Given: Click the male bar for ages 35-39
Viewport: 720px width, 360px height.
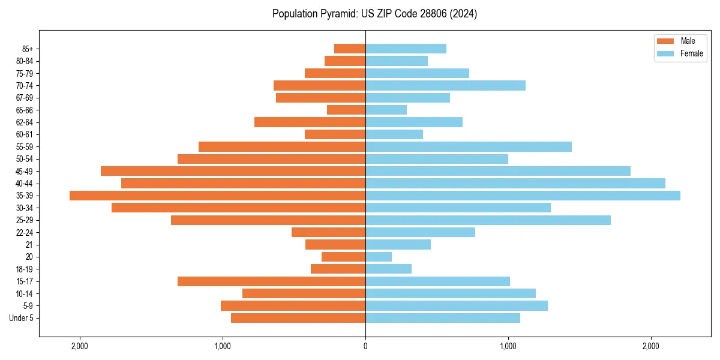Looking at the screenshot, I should click(217, 196).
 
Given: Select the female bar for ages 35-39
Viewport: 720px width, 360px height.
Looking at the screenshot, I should click(523, 196).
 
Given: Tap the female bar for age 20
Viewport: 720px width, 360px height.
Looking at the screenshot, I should click(379, 257).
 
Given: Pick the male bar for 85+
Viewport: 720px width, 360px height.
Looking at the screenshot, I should click(350, 49).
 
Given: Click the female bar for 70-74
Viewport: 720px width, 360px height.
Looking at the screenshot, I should click(445, 85).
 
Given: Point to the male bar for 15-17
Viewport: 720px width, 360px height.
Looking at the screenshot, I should click(271, 281).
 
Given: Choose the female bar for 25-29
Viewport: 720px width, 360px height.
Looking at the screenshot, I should click(488, 220).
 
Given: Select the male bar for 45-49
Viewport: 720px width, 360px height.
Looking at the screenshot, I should click(233, 171).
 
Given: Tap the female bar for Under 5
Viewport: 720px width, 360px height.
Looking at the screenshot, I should click(443, 318).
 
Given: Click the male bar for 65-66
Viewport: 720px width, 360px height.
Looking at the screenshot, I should click(346, 110).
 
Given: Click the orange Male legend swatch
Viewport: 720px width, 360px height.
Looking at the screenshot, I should click(665, 41).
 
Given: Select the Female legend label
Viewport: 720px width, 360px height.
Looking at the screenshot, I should click(692, 53).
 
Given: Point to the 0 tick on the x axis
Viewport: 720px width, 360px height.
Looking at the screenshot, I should click(365, 346).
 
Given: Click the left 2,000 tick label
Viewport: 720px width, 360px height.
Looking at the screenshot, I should click(80, 346).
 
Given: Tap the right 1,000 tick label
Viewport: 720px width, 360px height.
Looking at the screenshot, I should click(508, 346).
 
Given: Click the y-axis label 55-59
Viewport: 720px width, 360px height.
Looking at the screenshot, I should click(25, 147).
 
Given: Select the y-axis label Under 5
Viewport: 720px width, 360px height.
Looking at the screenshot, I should click(21, 318).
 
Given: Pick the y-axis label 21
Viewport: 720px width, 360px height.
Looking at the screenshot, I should click(29, 245).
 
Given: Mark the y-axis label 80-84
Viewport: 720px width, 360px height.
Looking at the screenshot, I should click(25, 61).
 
